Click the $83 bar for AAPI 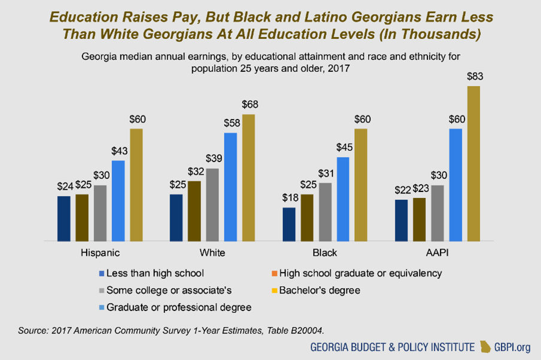(x=473, y=163)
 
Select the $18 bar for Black (x=288, y=224)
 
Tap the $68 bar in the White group (x=248, y=178)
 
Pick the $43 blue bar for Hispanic (x=118, y=200)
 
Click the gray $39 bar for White (x=212, y=205)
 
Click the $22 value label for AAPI (x=402, y=190)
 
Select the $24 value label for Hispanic (x=64, y=186)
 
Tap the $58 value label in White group (x=230, y=123)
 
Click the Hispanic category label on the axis (x=100, y=253)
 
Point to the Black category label (x=324, y=253)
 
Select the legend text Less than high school (x=155, y=273)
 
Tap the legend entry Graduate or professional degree (x=179, y=307)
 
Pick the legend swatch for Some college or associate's (x=101, y=291)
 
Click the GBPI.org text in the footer (x=513, y=347)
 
